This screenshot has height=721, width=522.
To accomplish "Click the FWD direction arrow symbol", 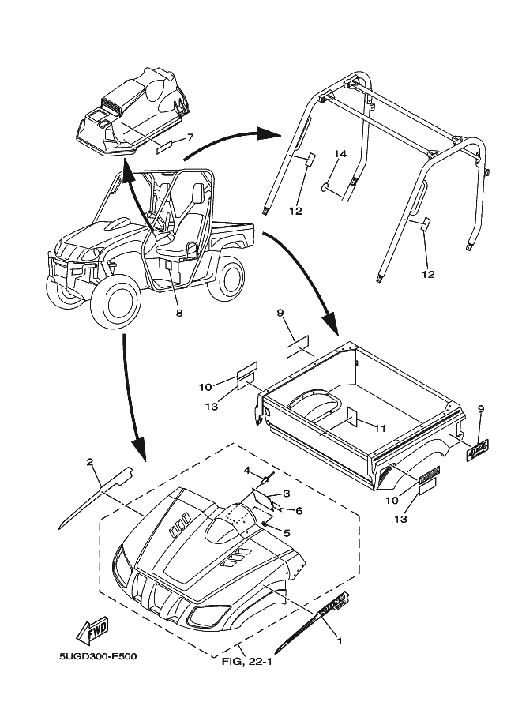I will [92, 633].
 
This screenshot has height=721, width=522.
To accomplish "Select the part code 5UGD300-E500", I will [96, 656].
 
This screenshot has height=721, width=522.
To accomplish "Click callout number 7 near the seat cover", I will [190, 137].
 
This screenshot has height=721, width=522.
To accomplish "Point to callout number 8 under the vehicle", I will [179, 313].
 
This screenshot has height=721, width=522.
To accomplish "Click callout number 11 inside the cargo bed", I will [380, 428].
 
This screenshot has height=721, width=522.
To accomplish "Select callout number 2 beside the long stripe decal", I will [90, 462].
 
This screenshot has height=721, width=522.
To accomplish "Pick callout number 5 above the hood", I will [286, 533].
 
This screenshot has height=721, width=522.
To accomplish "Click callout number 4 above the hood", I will [246, 471].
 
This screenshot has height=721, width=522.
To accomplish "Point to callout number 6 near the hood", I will [299, 511].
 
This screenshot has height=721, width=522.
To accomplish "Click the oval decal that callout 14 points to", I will [325, 188].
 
